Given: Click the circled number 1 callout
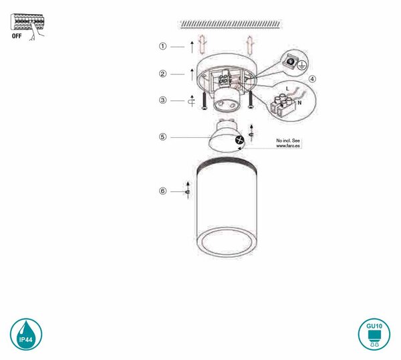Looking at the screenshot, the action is [162, 46].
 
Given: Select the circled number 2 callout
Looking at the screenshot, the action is [162, 74].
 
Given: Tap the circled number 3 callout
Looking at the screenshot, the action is [162, 100].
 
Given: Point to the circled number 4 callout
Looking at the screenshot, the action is [312, 79].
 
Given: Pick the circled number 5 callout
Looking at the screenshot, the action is [162, 137].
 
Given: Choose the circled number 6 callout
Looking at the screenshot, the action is [162, 191].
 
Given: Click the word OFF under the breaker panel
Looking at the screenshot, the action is [17, 36].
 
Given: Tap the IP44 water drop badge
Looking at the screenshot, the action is [26, 334].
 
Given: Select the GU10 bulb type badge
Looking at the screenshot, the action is [374, 334].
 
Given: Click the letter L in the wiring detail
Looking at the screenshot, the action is [287, 89].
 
